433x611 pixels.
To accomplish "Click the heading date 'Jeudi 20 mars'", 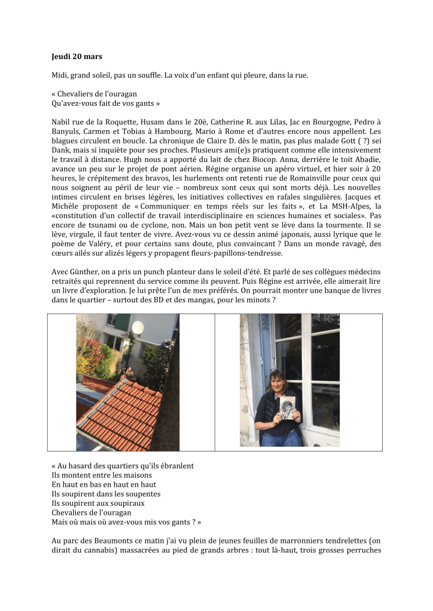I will coord(77,57).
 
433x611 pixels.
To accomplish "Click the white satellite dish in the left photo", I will coord(138,327).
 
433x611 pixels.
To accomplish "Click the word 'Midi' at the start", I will coord(59,76).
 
